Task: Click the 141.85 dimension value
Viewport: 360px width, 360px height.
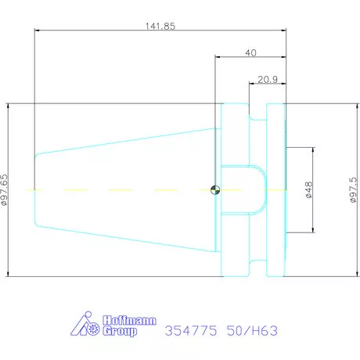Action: coord(160,26)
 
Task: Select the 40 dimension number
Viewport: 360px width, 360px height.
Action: coord(250,52)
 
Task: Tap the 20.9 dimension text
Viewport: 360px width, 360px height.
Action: coord(268,79)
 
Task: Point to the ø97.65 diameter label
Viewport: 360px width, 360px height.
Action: coord(5,190)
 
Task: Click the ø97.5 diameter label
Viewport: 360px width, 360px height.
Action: coord(353,189)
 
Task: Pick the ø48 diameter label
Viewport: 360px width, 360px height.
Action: coord(309,190)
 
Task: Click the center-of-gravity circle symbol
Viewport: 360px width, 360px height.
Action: coord(215,190)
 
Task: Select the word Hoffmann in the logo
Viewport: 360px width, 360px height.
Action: coord(129,320)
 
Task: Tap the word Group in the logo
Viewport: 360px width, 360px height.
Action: coord(120,331)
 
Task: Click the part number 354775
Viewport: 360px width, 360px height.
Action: coord(191,331)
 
